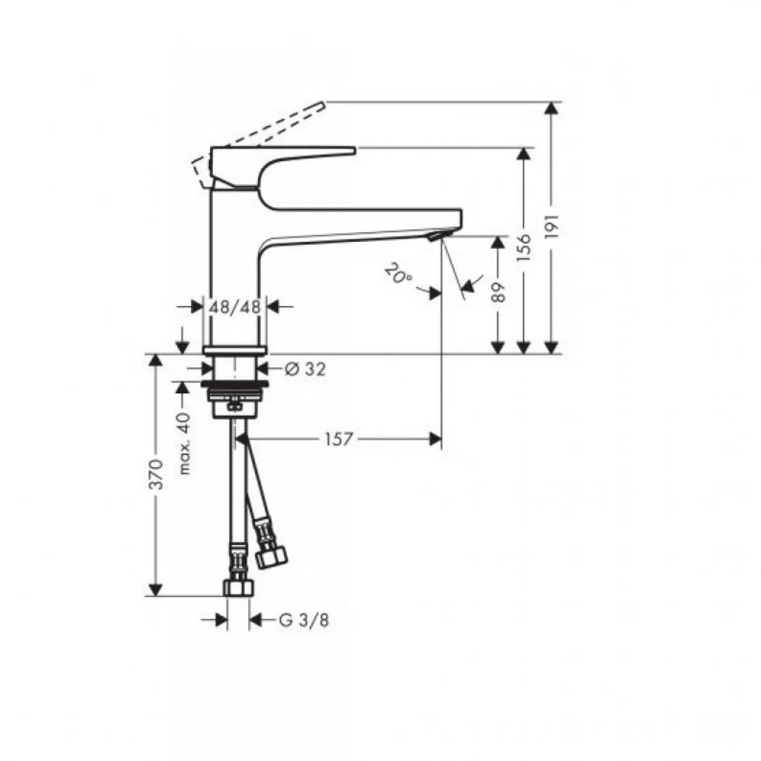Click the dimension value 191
click(x=553, y=227)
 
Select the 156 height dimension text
click(x=524, y=248)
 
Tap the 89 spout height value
click(x=499, y=292)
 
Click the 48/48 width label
click(x=235, y=307)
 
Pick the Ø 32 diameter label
click(x=305, y=369)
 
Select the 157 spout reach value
click(x=338, y=439)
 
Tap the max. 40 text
click(x=184, y=444)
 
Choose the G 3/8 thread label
click(x=304, y=621)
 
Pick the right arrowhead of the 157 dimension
click(x=435, y=439)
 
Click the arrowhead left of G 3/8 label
click(x=221, y=621)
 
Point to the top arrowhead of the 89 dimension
click(x=499, y=242)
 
